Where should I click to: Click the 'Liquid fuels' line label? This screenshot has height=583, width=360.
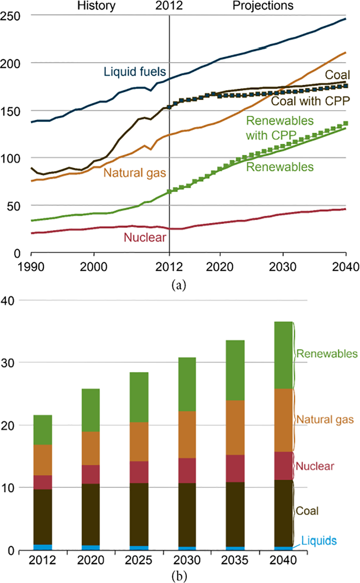pos(135,72)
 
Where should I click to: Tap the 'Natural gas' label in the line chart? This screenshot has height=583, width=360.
pos(135,173)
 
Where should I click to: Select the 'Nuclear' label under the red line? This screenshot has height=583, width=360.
pos(145,238)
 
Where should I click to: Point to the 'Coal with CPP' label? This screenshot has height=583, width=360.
pos(310,101)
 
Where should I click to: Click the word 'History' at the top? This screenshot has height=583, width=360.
pos(96,6)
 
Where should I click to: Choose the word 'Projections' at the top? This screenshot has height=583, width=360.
pos(263,6)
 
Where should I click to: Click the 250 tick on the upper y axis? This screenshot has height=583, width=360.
pos(10,16)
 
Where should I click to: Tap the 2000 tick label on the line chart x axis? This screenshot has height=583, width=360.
pos(93,267)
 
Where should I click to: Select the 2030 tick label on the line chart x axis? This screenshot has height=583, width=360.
pos(283,267)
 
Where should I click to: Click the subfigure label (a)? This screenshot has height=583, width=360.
pos(179,285)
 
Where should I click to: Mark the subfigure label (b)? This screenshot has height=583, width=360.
pos(179,576)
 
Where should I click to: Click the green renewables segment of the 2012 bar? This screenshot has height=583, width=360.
pos(43,430)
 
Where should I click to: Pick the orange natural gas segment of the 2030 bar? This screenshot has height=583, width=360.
pos(187,435)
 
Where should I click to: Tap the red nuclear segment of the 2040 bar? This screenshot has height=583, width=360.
pos(283,466)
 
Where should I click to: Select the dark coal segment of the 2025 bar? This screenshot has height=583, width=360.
pos(139,514)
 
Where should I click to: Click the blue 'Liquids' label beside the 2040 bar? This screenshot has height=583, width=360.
pos(319,541)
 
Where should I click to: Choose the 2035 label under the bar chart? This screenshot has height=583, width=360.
pos(235,560)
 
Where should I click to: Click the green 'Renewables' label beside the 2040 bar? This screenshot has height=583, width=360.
pos(327,354)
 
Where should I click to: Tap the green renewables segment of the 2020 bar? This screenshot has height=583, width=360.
pos(91,410)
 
